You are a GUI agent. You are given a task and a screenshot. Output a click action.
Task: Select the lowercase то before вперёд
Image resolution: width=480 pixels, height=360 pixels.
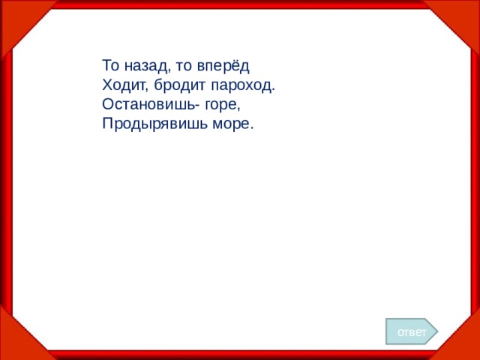tap(184, 65)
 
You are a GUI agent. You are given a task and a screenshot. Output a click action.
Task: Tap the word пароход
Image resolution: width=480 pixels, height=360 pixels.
tap(244, 85)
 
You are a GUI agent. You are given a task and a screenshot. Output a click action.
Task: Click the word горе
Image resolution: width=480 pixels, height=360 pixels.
tap(220, 105)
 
